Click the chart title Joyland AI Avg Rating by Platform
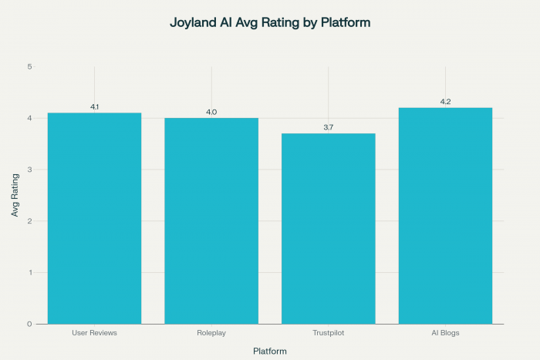(270, 23)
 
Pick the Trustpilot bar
(329, 228)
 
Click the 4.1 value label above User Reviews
(94, 106)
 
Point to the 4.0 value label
(211, 113)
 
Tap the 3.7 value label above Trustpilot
(329, 127)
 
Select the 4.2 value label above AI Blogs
(445, 102)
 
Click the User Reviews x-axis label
(94, 333)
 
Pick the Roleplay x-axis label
(211, 333)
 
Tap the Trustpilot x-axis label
(329, 333)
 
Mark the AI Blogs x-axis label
(445, 333)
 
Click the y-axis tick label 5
(29, 67)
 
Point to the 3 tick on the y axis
(29, 170)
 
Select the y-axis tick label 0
(29, 324)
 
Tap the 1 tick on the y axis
(29, 273)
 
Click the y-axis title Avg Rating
(15, 195)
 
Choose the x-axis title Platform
(270, 352)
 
